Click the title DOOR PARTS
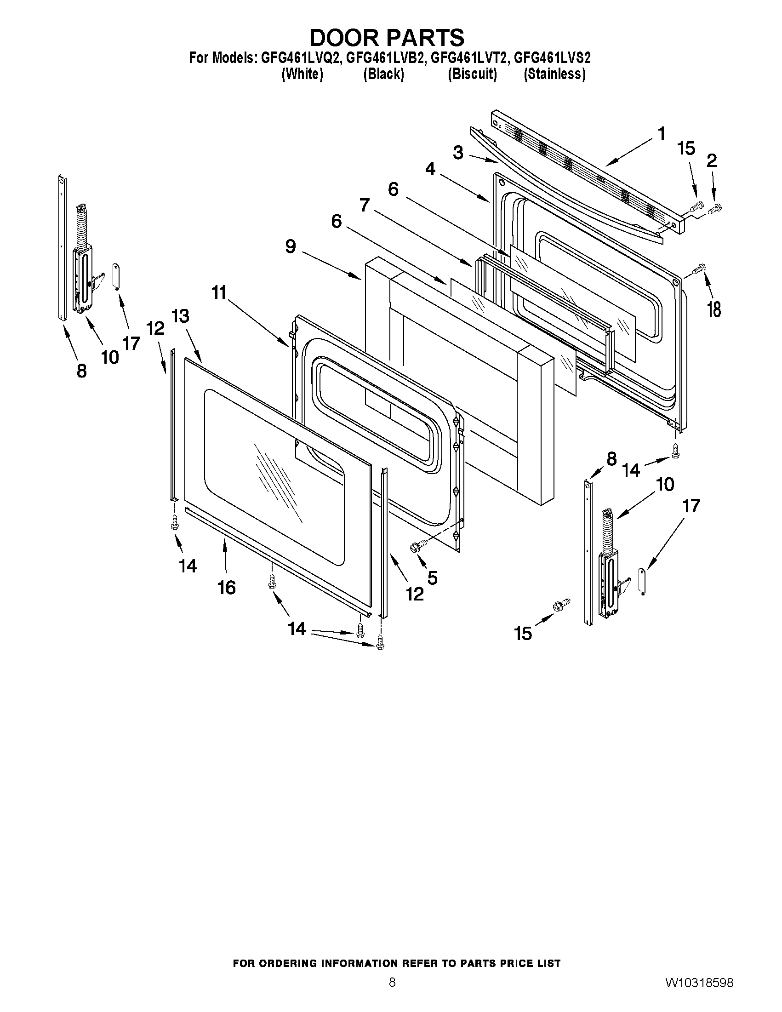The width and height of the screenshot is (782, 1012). pos(386,38)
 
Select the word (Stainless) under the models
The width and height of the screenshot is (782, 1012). pos(554,74)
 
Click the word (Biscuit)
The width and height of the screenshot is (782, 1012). pos(472,74)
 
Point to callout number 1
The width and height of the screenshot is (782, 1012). pos(661,133)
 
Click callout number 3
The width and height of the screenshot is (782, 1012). pos(458,153)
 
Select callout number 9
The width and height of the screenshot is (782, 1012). pos(291,246)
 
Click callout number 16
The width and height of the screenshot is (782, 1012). pos(227,588)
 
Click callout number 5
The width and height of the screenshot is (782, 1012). pos(432,577)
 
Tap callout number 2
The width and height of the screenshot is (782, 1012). pos(712,160)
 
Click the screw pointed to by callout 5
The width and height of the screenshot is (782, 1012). pos(415,547)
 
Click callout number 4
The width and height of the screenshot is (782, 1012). pos(430,169)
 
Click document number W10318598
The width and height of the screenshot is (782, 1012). pos(700,983)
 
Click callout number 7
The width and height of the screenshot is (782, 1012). pos(365,205)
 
